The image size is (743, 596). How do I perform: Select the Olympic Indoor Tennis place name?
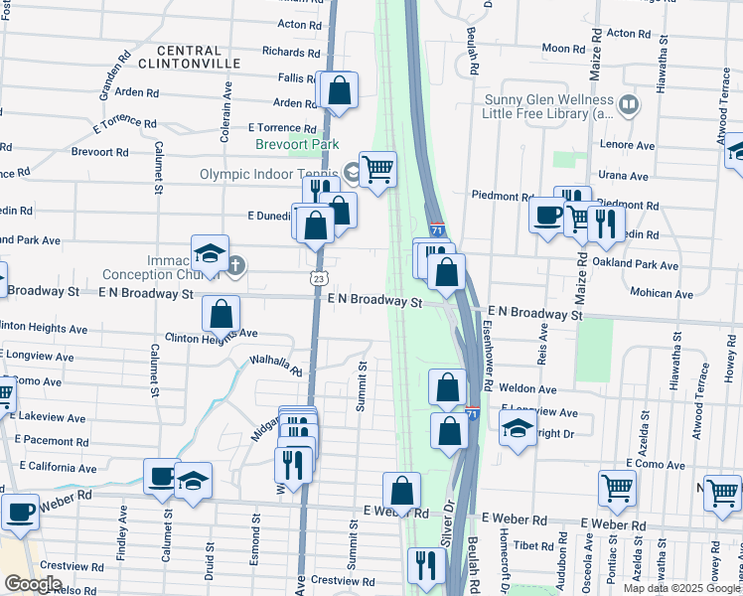pyautogui.click(x=268, y=174)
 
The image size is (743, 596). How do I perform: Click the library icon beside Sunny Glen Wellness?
pyautogui.click(x=628, y=103)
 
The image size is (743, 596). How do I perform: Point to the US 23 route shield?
pyautogui.click(x=317, y=279)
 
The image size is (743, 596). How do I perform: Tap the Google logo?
pyautogui.click(x=33, y=584)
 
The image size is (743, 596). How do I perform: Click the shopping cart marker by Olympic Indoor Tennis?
pyautogui.click(x=378, y=170)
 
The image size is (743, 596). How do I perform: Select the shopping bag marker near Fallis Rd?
pyautogui.click(x=339, y=90)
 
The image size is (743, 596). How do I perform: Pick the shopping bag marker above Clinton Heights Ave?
pyautogui.click(x=221, y=313)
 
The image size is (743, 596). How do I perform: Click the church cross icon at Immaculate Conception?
pyautogui.click(x=235, y=265)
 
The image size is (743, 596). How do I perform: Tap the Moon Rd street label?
pyautogui.click(x=563, y=49)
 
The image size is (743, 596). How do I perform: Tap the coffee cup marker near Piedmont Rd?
pyautogui.click(x=546, y=215)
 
